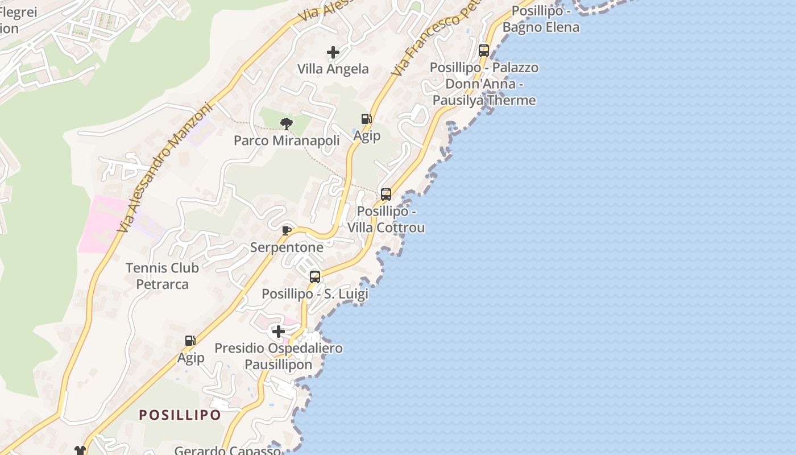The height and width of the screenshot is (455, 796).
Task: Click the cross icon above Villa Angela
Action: click(x=333, y=53)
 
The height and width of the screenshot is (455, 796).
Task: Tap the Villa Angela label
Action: click(x=333, y=69)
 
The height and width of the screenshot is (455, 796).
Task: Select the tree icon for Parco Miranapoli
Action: click(x=287, y=123)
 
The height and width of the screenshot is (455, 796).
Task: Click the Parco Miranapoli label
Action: click(x=287, y=140)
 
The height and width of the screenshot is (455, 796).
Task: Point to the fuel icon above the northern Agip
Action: click(x=367, y=119)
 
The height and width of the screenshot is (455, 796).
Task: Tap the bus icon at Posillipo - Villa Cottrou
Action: click(x=386, y=195)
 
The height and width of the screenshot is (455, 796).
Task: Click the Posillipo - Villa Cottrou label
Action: click(x=386, y=220)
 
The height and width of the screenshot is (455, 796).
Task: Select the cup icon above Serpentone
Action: click(x=287, y=230)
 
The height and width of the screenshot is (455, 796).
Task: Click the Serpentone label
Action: click(x=287, y=247)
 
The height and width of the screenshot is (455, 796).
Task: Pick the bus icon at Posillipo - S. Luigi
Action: click(x=315, y=277)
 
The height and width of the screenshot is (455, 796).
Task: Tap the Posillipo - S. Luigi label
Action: click(x=315, y=294)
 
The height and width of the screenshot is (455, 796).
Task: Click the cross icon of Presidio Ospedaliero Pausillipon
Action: click(x=279, y=331)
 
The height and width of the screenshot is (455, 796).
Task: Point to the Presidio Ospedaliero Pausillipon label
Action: click(x=279, y=356)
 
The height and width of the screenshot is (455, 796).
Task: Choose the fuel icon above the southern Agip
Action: click(x=190, y=341)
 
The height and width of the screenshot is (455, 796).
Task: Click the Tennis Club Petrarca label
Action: click(x=163, y=276)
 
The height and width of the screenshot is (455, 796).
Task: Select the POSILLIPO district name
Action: click(x=180, y=415)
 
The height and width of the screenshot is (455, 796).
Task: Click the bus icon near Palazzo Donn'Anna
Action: click(x=484, y=51)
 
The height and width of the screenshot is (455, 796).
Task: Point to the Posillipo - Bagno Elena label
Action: click(x=541, y=19)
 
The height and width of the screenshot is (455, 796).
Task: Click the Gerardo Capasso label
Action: click(x=227, y=450)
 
